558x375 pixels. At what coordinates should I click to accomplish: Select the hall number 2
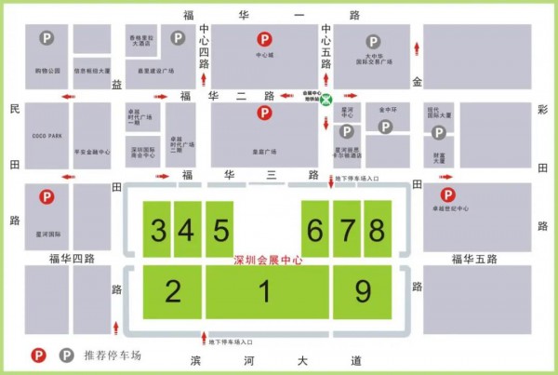[172, 292]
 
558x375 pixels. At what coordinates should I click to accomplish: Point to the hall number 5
[220, 229]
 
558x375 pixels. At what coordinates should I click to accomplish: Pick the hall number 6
[316, 229]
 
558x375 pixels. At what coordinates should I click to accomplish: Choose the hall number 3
[160, 229]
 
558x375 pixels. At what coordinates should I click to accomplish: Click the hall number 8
[376, 229]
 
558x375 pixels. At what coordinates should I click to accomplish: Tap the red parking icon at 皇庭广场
[265, 114]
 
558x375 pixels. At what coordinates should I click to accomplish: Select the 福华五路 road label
[475, 258]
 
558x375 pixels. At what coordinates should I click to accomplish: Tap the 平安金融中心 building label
[92, 152]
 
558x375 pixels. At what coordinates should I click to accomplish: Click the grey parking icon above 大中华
[373, 42]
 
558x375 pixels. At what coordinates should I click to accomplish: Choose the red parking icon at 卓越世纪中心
[448, 195]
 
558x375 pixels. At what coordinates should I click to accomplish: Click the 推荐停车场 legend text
[117, 355]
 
